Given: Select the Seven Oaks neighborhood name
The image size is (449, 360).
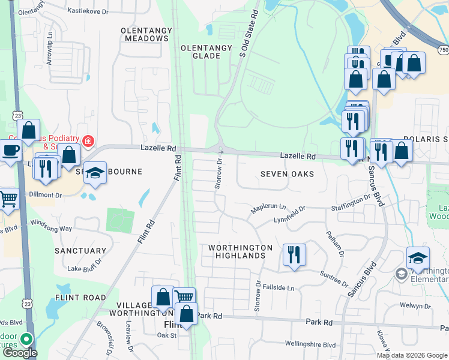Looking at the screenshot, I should pyautogui.click(x=287, y=174).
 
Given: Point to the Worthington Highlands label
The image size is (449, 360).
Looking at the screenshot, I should pyautogui.click(x=240, y=251).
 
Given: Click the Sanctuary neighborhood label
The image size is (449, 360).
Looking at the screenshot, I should pyautogui.click(x=80, y=251).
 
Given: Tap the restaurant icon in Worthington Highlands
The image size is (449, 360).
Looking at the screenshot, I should pyautogui.click(x=294, y=254).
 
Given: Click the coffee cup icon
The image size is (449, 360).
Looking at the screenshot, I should pyautogui.click(x=10, y=150).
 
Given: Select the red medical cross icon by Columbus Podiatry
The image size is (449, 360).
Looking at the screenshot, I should pyautogui.click(x=88, y=141).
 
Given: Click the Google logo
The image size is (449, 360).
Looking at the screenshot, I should pyautogui.click(x=20, y=353).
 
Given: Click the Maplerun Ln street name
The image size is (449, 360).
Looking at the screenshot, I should pyautogui.click(x=268, y=208).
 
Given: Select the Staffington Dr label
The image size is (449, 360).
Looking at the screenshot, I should pyautogui.click(x=351, y=203).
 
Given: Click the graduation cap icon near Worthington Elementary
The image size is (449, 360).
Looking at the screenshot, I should pyautogui.click(x=418, y=257).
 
